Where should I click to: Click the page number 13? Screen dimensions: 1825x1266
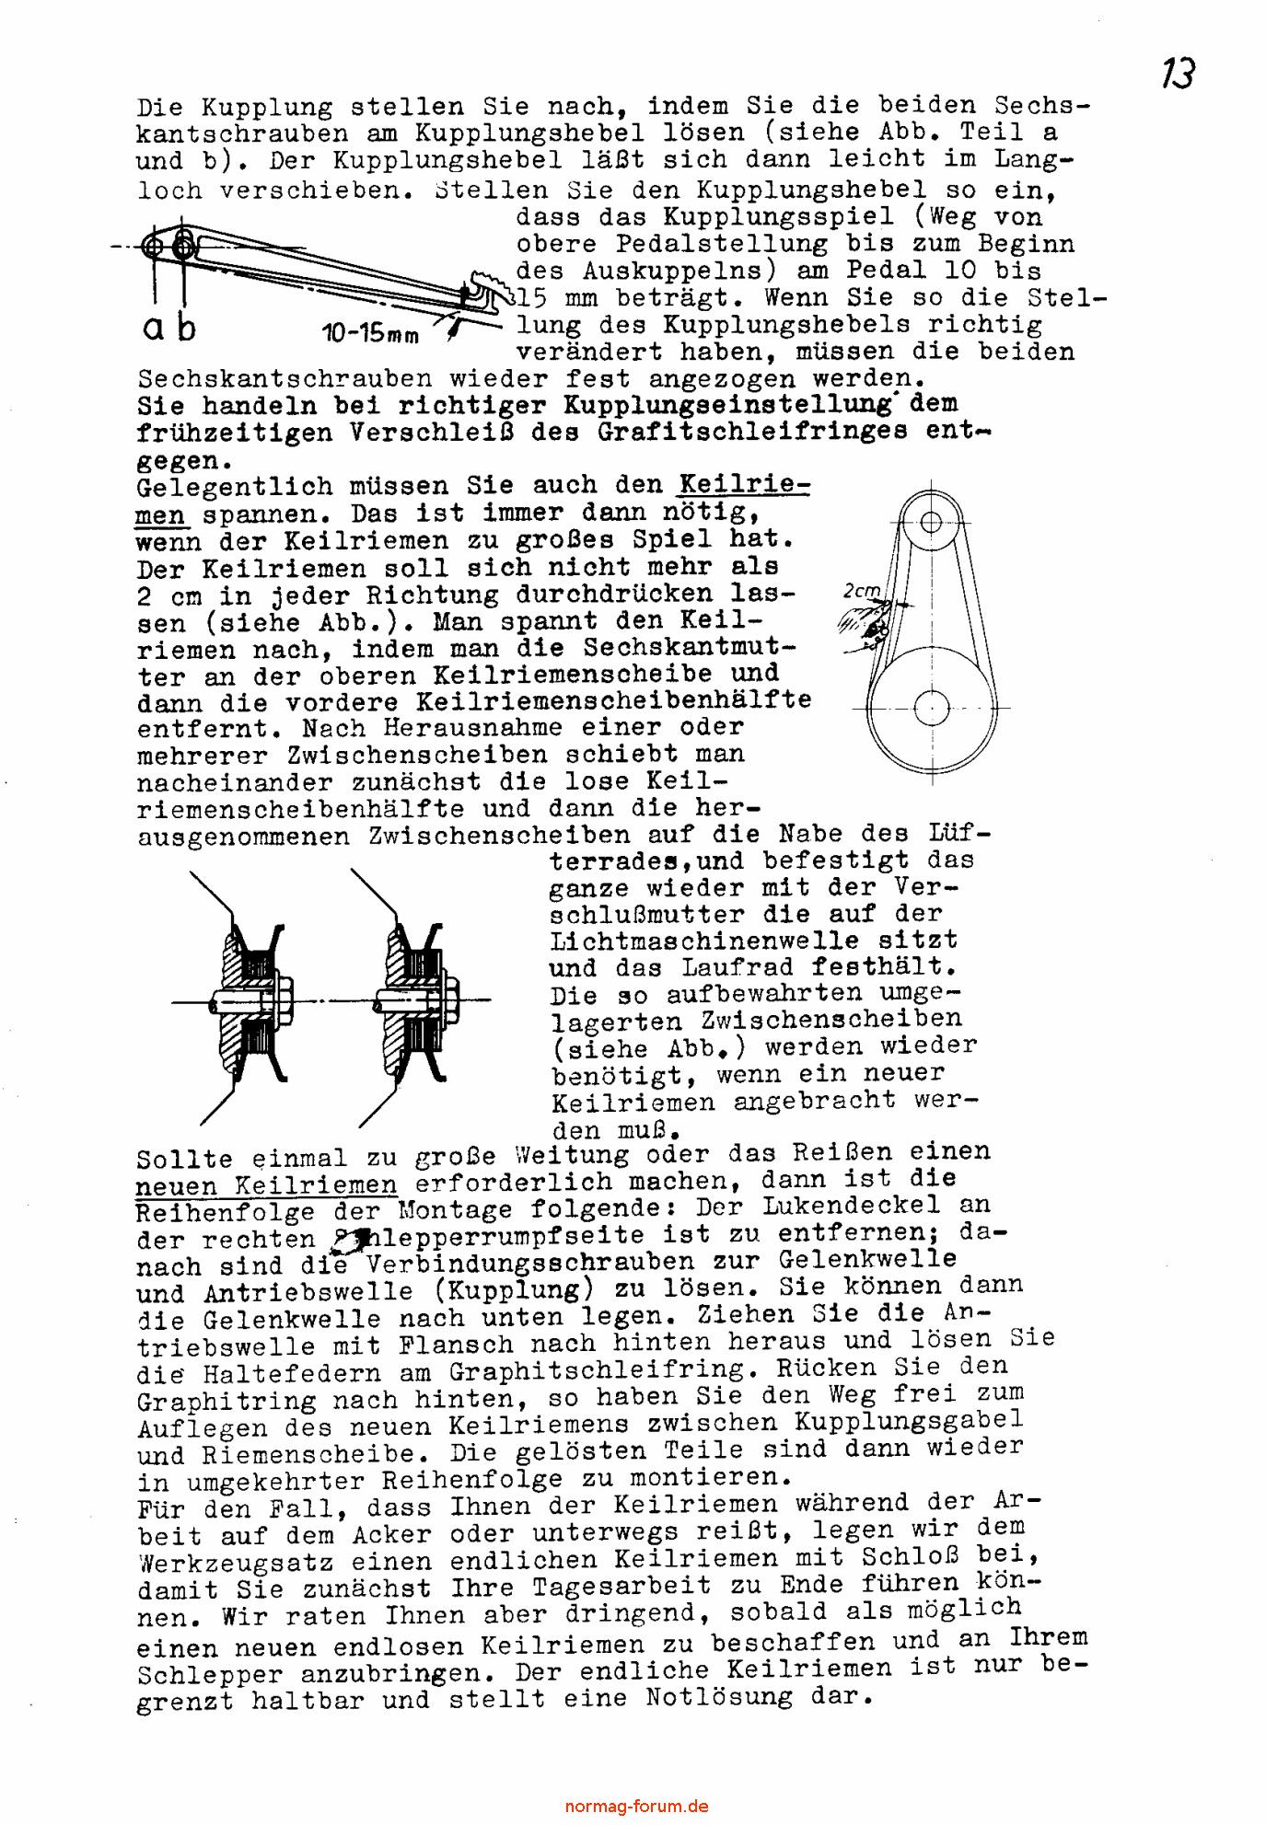[1178, 74]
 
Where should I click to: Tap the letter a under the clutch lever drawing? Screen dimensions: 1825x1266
[154, 329]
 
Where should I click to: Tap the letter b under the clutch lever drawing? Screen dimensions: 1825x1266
[186, 327]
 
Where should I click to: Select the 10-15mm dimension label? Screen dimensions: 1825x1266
[370, 333]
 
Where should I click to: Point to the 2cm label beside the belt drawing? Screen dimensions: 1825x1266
[862, 592]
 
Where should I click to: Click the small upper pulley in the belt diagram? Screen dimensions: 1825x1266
[931, 522]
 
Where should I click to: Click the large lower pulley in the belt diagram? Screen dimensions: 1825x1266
[931, 708]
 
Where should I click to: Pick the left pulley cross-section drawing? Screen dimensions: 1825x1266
[247, 999]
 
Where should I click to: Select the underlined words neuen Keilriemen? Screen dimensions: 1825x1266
[267, 1185]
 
